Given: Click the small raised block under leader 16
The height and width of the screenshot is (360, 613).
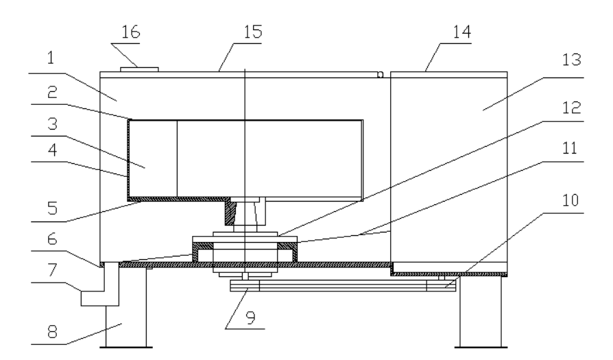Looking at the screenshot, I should pyautogui.click(x=139, y=69).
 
